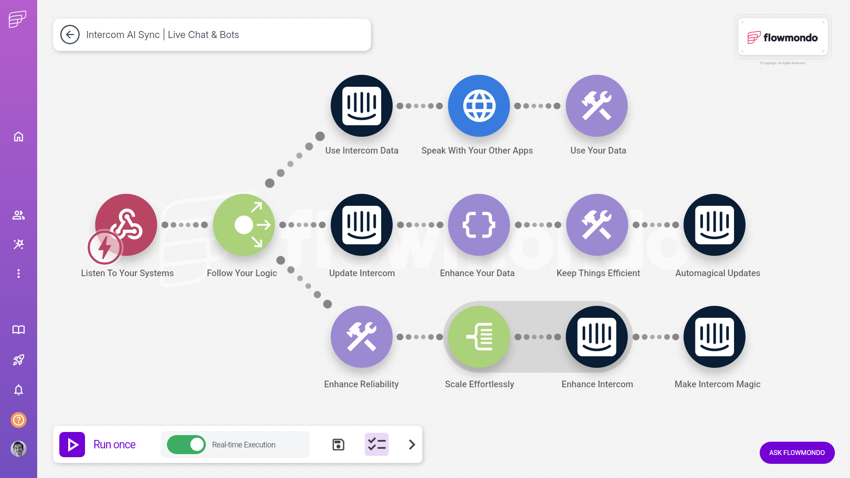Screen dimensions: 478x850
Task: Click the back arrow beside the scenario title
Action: point(70,35)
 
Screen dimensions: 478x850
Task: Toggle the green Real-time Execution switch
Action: point(186,444)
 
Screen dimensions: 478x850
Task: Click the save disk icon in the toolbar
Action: point(338,444)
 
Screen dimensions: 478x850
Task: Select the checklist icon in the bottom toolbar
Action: point(377,444)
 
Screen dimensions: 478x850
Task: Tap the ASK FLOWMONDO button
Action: point(797,452)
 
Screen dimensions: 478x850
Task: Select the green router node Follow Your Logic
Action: point(244,225)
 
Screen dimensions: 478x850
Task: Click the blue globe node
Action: point(479,106)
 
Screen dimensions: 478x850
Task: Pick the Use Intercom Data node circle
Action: point(362,106)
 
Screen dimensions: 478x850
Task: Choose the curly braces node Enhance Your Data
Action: point(479,225)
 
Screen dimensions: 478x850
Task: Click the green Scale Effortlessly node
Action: point(479,337)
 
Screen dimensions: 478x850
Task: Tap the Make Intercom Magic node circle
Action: point(715,337)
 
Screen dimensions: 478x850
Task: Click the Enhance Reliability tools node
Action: point(362,337)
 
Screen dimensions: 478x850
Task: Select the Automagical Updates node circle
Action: point(715,225)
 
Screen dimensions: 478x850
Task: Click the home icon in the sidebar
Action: point(19,136)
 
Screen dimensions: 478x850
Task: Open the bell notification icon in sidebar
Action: point(19,390)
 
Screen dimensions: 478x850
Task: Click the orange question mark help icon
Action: point(19,420)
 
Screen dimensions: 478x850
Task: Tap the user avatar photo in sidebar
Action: point(19,449)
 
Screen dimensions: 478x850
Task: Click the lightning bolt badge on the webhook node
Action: point(104,247)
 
